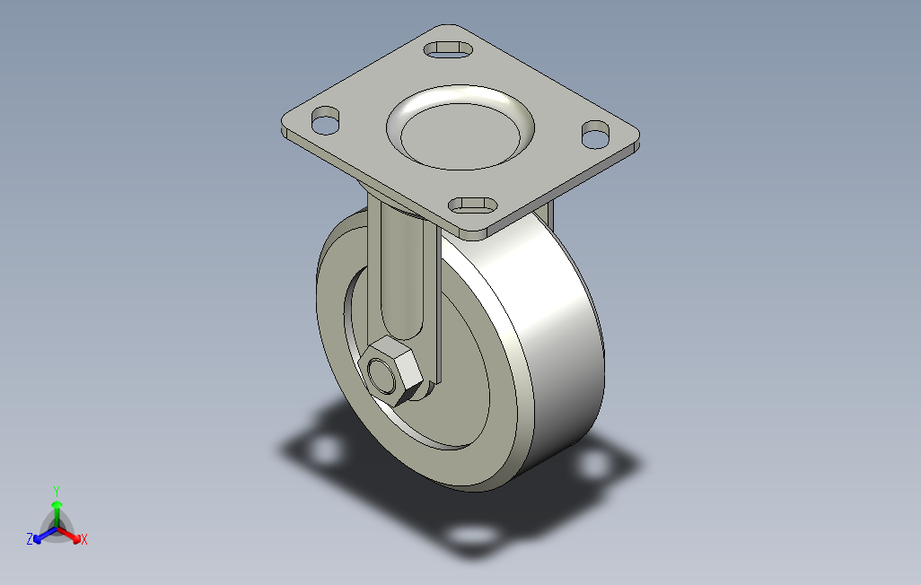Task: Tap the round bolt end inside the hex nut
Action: (x=382, y=375)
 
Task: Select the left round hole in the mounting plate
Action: (x=326, y=120)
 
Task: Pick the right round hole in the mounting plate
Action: (x=595, y=135)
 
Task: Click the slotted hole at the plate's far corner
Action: (x=449, y=49)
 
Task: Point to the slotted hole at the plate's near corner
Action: (x=473, y=205)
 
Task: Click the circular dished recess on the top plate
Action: (x=460, y=127)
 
